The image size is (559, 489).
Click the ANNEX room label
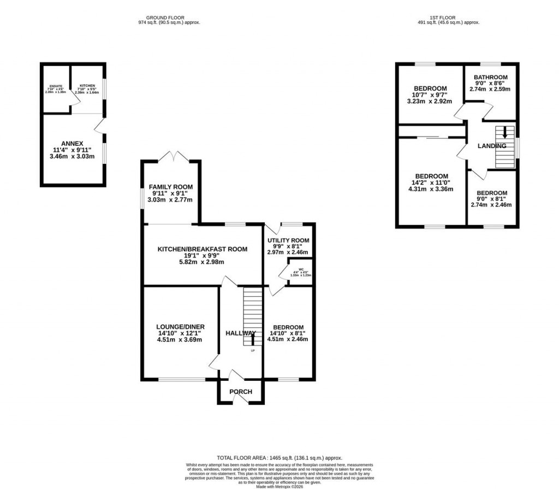(72, 144)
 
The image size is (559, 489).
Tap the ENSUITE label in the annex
(56, 86)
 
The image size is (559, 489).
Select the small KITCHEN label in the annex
(87, 86)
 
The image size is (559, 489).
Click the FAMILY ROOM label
(171, 187)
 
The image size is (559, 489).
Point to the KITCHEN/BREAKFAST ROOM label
(203, 249)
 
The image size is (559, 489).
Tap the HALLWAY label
(240, 333)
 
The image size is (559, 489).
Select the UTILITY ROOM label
(288, 240)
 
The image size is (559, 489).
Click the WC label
(301, 269)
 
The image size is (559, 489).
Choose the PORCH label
(241, 392)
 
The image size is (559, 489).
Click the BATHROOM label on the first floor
(490, 78)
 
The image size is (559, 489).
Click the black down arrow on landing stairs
(505, 132)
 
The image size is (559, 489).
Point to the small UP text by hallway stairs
(252, 350)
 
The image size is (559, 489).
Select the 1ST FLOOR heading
(448, 17)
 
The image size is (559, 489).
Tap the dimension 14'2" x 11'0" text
(431, 183)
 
